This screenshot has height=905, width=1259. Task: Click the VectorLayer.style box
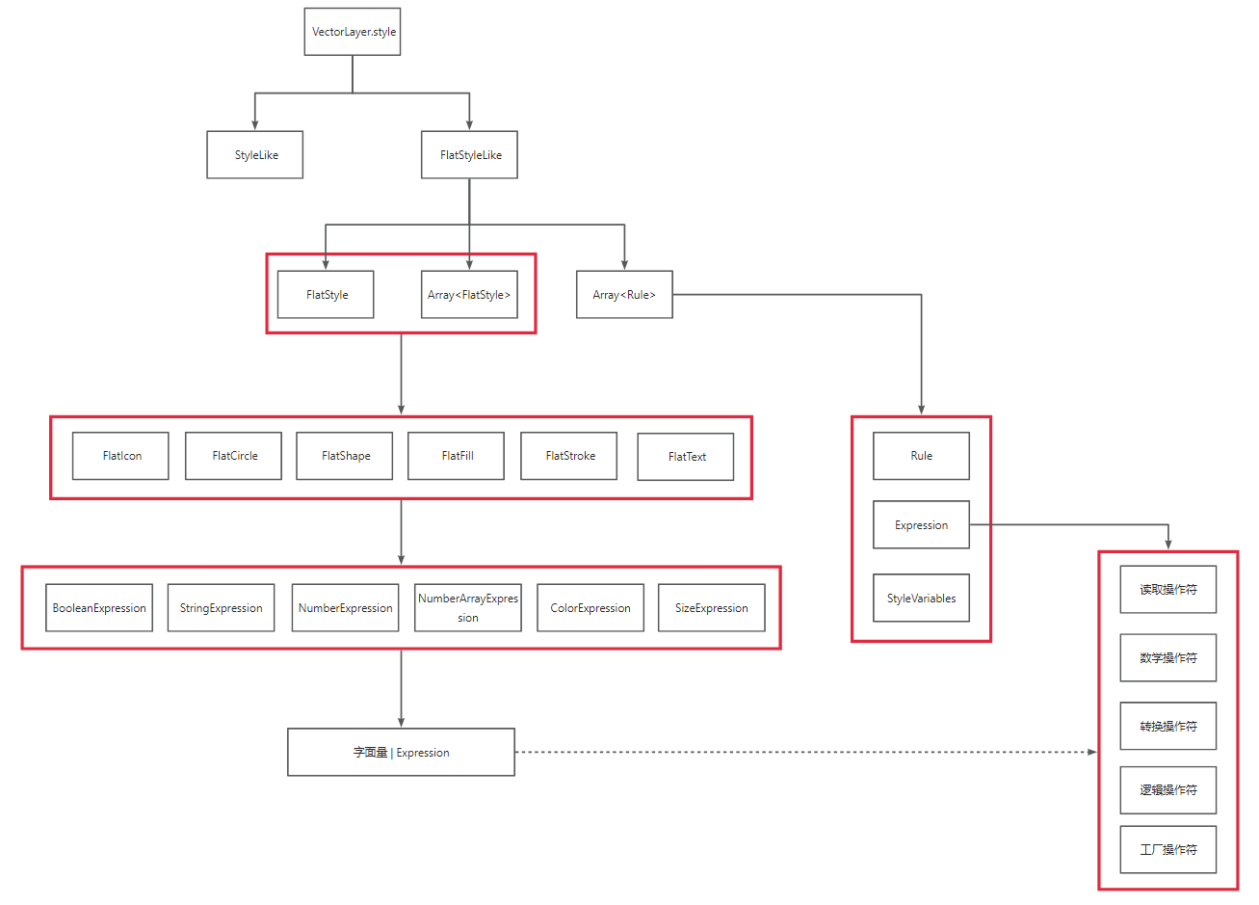pos(353,32)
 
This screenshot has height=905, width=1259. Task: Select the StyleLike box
pos(255,155)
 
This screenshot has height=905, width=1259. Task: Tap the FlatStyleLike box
pos(469,155)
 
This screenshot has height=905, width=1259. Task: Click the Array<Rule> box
pos(624,295)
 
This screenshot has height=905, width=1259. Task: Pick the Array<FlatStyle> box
pos(469,295)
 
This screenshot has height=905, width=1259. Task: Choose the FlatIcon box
pos(120,456)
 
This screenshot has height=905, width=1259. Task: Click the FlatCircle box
pos(233,456)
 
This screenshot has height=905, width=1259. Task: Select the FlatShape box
pos(344,456)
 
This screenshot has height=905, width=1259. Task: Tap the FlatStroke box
pos(568,456)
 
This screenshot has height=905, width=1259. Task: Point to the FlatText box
pos(686,457)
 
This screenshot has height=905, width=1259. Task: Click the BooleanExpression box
pos(99,608)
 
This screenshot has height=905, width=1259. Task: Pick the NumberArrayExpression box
pos(468,608)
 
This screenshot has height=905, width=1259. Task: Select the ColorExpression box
pos(590,608)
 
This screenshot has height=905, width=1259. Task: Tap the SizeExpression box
pos(712,608)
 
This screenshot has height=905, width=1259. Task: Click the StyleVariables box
pos(921,599)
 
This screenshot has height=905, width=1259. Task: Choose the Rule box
pos(921,456)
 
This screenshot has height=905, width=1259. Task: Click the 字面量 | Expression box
pos(401,753)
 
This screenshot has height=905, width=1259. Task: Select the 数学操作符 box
pos(1168,658)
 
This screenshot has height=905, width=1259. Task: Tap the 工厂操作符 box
pos(1168,850)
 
